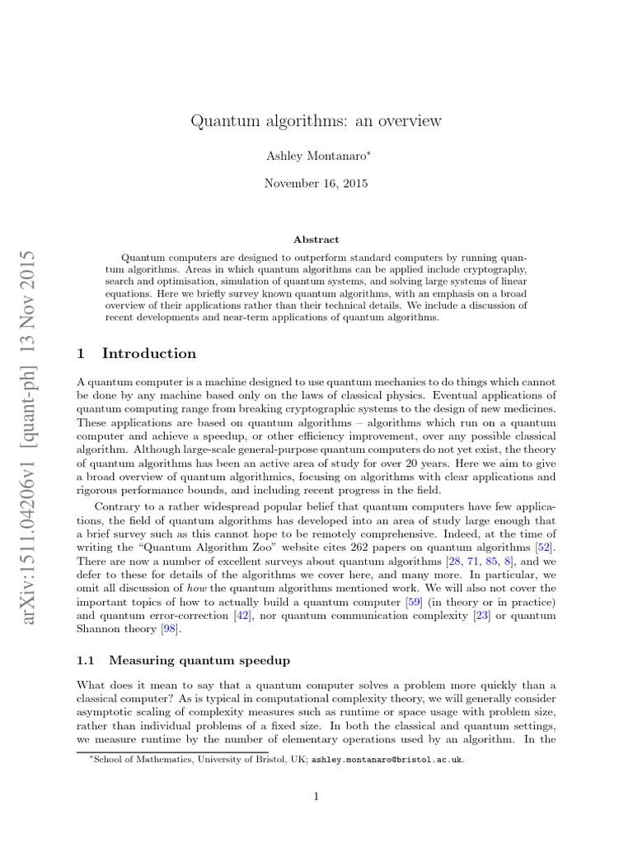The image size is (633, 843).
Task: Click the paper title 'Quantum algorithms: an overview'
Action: [316, 121]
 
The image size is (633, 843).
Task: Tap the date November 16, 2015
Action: [316, 183]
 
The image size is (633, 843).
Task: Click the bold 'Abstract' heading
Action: [316, 240]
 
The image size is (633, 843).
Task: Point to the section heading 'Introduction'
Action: [148, 354]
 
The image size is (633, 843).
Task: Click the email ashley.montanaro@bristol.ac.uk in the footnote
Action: [387, 759]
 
